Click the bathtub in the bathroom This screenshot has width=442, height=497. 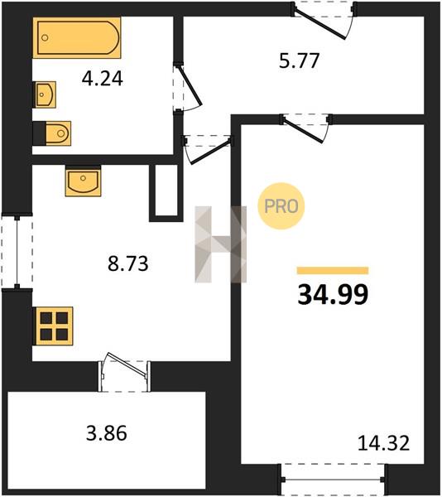click(x=77, y=38)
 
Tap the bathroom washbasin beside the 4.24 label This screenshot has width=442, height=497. click(x=45, y=94)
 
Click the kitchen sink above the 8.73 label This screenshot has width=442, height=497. click(x=84, y=181)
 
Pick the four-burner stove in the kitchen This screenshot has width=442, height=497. click(x=53, y=326)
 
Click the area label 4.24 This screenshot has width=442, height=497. click(x=103, y=79)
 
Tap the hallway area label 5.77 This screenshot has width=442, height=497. click(x=299, y=60)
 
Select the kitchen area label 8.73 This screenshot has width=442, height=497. click(x=128, y=263)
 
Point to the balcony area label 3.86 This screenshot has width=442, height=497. click(x=107, y=433)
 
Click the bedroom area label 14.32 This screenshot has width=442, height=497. click(x=383, y=443)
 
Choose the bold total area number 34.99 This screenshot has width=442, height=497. click(x=333, y=294)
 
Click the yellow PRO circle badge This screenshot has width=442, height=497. click(x=281, y=206)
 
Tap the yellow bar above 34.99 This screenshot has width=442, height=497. click(x=333, y=270)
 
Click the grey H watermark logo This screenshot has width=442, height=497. click(x=221, y=244)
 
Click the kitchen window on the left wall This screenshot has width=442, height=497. click(x=17, y=252)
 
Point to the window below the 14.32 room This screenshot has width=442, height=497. click(x=333, y=480)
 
